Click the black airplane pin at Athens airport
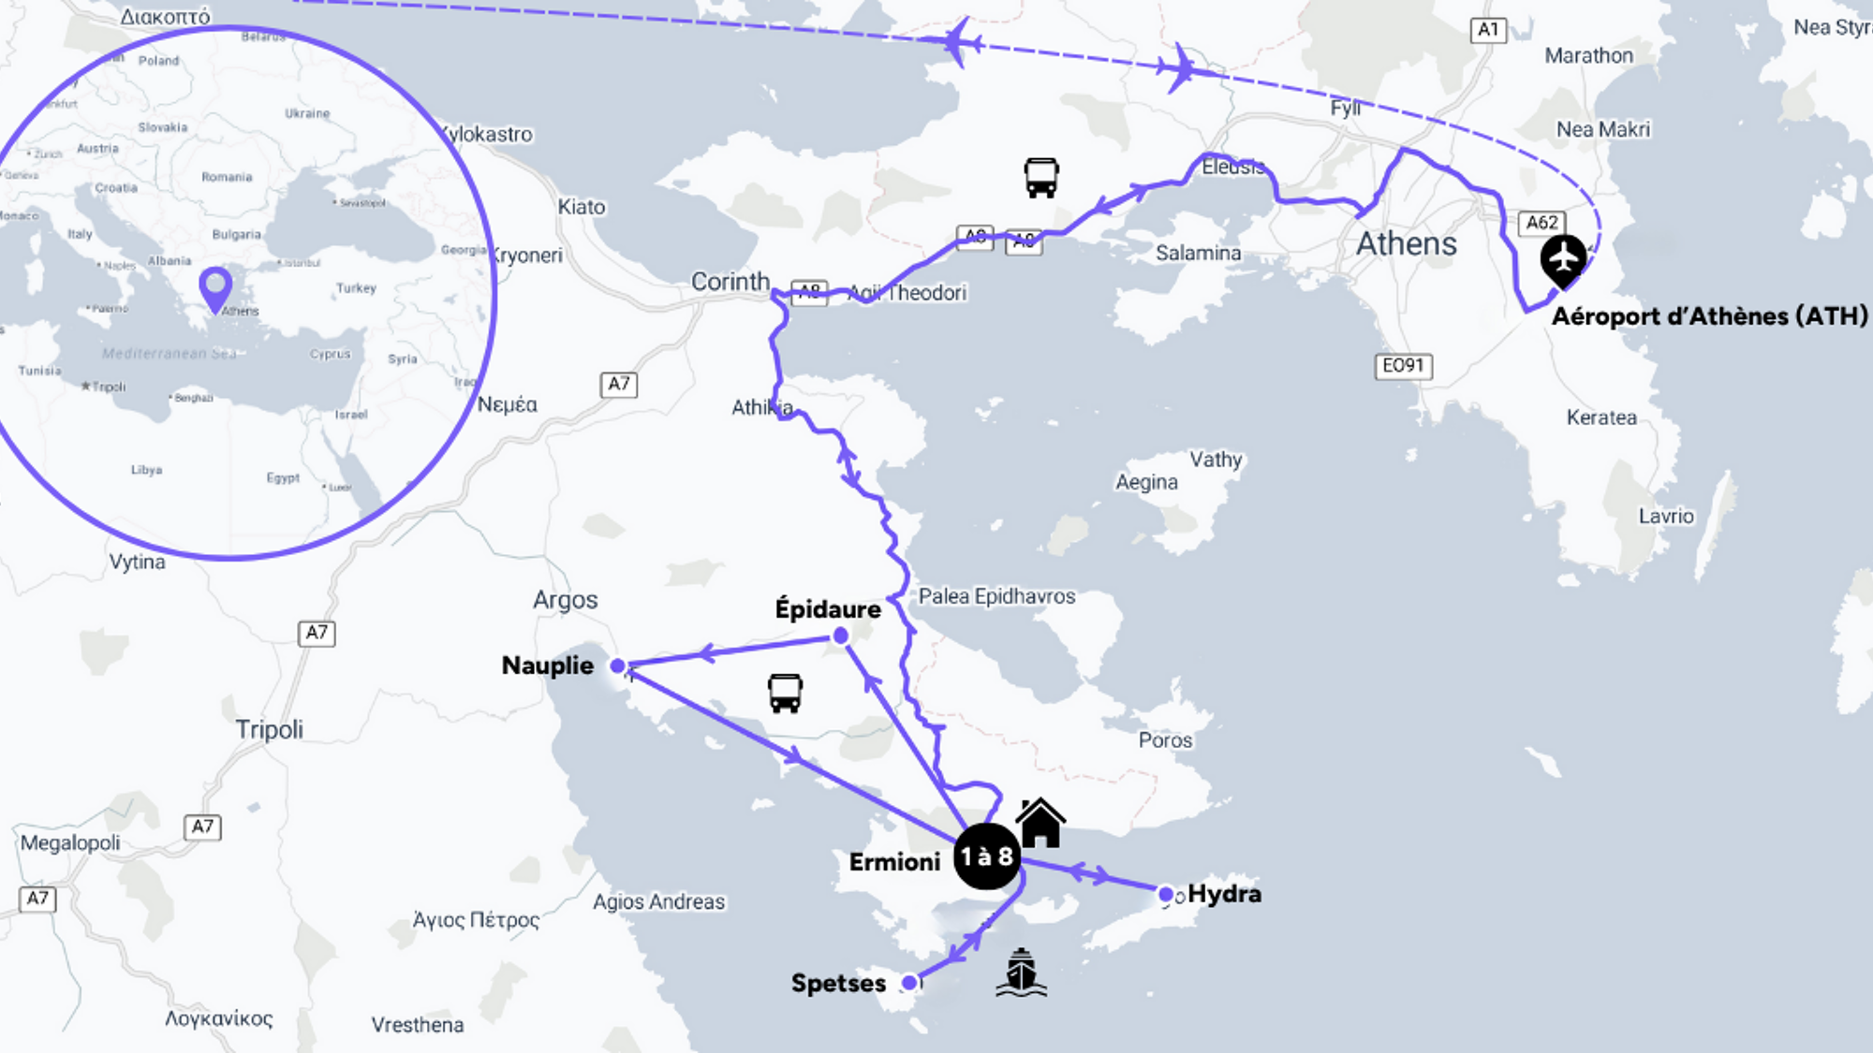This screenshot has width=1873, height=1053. click(1563, 259)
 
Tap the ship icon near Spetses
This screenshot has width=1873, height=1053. click(1021, 973)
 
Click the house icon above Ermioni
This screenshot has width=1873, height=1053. click(1040, 823)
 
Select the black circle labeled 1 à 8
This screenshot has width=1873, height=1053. click(986, 856)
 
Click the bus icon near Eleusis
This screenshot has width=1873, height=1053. click(1040, 177)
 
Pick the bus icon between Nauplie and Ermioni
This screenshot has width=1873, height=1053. click(785, 694)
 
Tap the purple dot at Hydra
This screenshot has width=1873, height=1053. click(1166, 894)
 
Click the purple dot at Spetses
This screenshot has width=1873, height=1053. click(909, 983)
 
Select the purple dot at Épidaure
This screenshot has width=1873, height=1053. click(841, 636)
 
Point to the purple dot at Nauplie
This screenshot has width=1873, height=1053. click(617, 666)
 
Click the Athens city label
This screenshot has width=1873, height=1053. click(1407, 244)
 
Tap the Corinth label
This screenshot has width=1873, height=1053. click(730, 282)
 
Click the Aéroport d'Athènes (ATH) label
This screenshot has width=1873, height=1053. click(1709, 316)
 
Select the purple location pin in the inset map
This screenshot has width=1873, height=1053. click(216, 286)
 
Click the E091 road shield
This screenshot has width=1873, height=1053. click(1403, 365)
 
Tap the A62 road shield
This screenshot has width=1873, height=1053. click(1541, 223)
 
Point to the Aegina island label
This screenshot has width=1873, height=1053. click(1146, 482)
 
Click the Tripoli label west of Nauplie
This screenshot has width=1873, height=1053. click(270, 729)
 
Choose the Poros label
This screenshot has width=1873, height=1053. click(1165, 740)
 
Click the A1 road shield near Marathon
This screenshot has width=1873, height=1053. click(1488, 30)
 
